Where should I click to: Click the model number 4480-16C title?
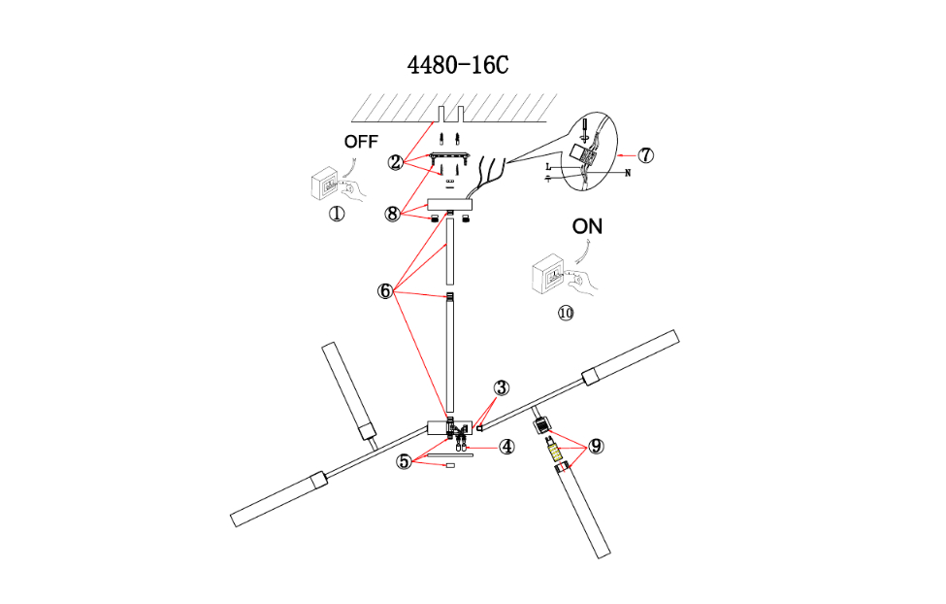tap(458, 65)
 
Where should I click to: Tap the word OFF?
tap(360, 142)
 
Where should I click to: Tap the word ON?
tap(587, 226)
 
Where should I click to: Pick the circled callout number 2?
tap(395, 162)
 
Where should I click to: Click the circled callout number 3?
tap(501, 388)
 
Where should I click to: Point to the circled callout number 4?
tap(506, 447)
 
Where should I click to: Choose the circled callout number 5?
tap(404, 461)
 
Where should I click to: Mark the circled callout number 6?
tap(385, 290)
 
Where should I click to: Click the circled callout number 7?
tap(646, 154)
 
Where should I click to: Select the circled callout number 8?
tap(393, 215)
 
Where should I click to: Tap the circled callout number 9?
tap(596, 446)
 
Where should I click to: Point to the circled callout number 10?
tap(566, 313)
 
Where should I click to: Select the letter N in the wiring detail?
tap(628, 174)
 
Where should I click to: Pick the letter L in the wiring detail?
tap(549, 168)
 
